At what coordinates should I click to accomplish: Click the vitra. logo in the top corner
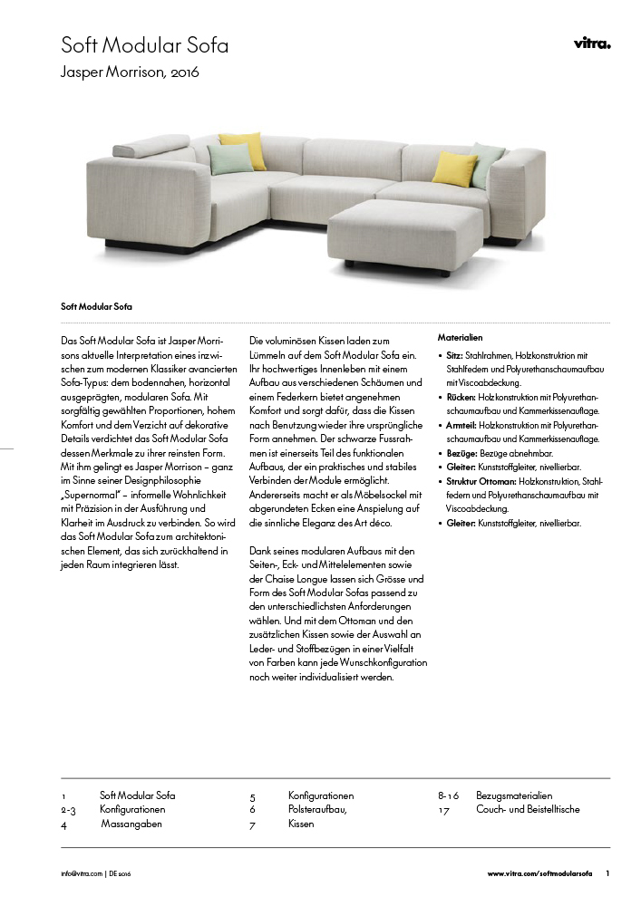coord(592,43)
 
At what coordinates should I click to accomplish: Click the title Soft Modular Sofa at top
coord(144,45)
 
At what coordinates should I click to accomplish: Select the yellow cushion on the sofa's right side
coord(454,168)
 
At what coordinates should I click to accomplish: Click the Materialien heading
coord(460,337)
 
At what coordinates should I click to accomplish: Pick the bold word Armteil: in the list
coord(461,425)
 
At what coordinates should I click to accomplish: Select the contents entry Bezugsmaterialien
coord(514,795)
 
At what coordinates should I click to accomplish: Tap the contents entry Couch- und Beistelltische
coord(528,809)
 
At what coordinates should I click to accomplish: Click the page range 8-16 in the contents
coord(450,795)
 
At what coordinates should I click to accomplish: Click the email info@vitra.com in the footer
coord(82,873)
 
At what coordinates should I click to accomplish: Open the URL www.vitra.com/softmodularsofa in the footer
coord(539,873)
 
